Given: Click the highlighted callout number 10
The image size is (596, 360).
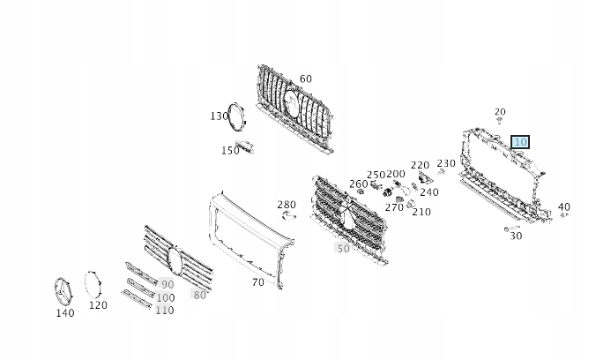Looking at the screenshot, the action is (520, 142).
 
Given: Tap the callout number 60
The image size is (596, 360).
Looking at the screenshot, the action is (306, 79).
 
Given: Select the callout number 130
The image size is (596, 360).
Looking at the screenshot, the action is (220, 116).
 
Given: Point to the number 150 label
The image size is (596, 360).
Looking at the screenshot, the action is (230, 151).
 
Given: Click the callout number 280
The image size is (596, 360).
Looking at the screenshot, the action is (287, 205).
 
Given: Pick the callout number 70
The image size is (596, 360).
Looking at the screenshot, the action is (257, 282).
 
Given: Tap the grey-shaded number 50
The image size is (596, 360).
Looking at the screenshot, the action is (343, 249).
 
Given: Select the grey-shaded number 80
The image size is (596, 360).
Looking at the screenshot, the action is (200, 295).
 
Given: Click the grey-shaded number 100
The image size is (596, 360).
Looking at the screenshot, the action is (166, 297).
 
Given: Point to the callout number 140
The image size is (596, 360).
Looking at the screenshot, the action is (65, 313).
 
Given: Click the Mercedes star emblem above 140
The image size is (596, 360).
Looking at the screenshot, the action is (63, 291).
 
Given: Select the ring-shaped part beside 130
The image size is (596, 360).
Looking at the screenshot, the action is (237, 117).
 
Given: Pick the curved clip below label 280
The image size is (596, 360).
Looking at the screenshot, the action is (289, 216).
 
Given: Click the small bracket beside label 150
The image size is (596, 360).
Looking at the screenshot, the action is (244, 146).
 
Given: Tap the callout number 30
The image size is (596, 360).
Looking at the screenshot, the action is (516, 236).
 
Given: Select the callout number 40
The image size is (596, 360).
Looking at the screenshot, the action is (563, 207).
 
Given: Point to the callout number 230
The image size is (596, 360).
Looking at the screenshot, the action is (446, 163).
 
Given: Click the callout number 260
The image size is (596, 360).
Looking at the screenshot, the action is (359, 184).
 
